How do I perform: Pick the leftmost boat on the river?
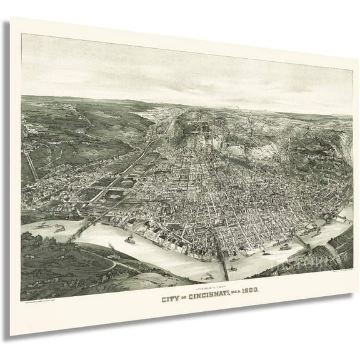coord(42,225)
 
